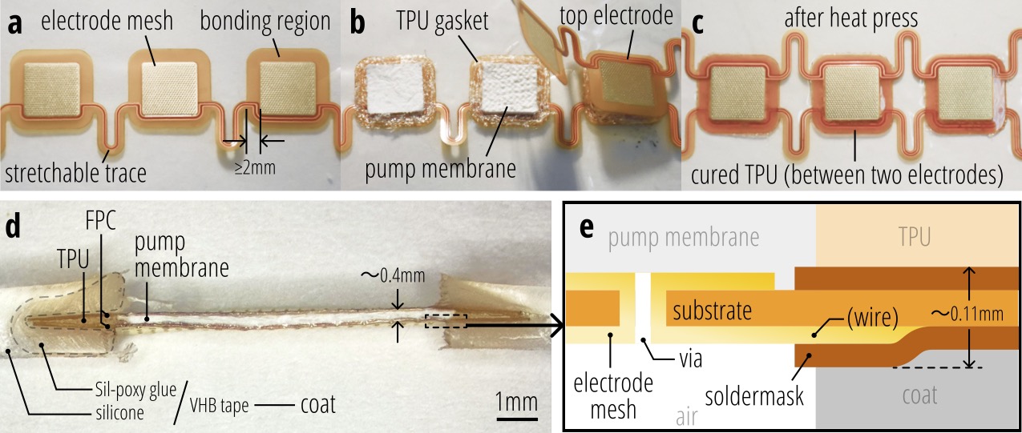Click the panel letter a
(x=14, y=22)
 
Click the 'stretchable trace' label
(x=77, y=173)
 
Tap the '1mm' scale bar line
(x=515, y=417)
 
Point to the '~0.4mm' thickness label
(x=396, y=277)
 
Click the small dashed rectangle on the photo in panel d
(x=444, y=320)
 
